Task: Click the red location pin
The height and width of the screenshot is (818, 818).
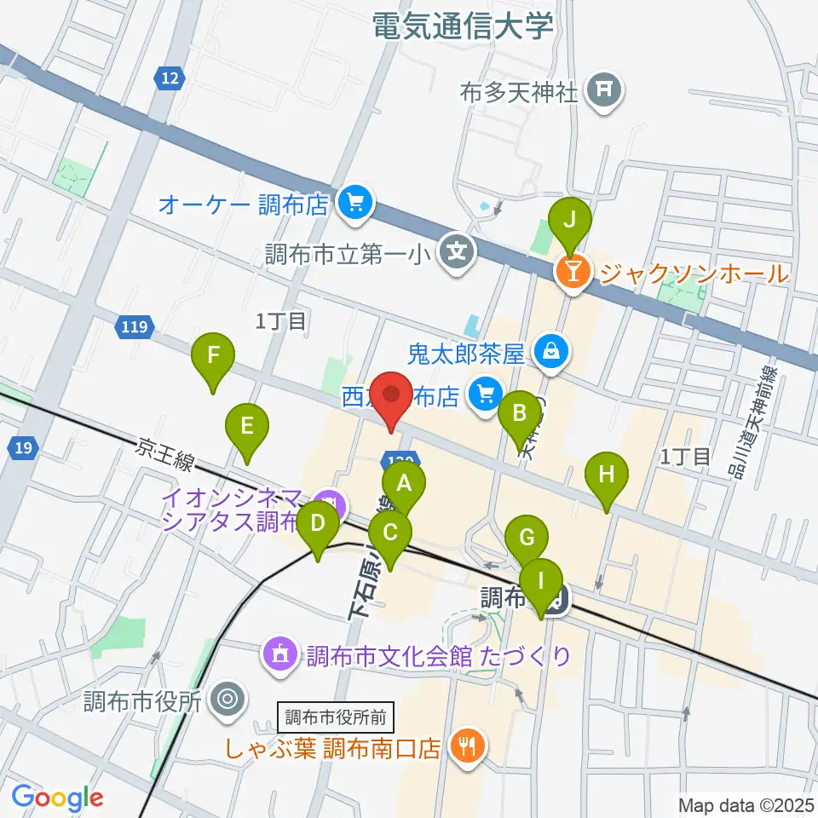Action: click(x=392, y=399)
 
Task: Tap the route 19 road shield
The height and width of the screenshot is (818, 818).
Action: click(x=24, y=448)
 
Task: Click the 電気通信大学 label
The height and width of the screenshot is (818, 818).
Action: click(x=463, y=25)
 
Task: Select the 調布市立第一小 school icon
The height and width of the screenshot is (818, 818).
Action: click(x=458, y=251)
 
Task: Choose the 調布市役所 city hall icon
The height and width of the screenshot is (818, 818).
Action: click(x=228, y=700)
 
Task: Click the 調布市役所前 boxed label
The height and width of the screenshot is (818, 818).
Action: click(x=335, y=716)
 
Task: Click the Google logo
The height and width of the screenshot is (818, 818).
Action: click(x=57, y=798)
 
